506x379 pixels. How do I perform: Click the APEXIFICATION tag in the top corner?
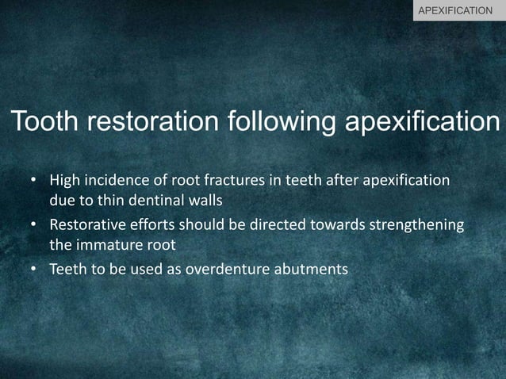click(459, 11)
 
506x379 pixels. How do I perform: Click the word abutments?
click(311, 270)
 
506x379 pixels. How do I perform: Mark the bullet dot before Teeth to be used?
click(33, 270)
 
